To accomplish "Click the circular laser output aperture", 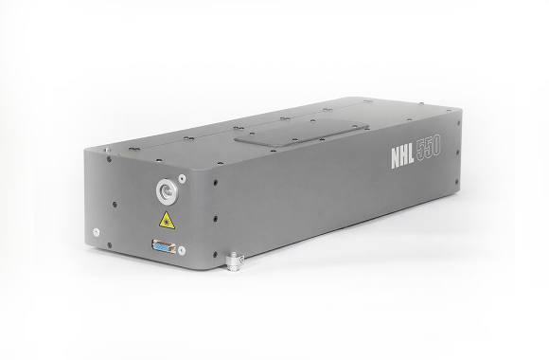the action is click(x=167, y=191).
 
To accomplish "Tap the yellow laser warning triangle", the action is click(x=167, y=221).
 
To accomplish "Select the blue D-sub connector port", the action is click(x=164, y=246).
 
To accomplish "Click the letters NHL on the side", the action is click(x=402, y=158).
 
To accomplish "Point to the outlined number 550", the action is click(x=428, y=149).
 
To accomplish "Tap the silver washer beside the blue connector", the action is click(x=182, y=250).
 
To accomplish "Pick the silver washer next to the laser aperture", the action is click(x=182, y=179).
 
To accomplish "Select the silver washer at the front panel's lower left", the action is click(x=96, y=232).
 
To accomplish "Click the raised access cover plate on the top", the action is click(x=301, y=133).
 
